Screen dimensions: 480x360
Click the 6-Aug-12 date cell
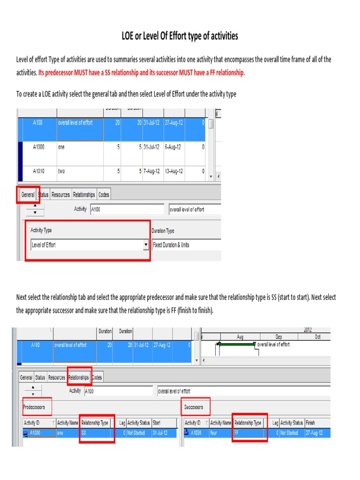[x=172, y=147]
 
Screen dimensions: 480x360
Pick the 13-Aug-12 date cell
[x=173, y=171]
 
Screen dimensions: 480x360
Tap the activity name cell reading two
[x=61, y=171]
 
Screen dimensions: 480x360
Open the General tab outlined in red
[x=28, y=195]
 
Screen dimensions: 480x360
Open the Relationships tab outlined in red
[x=78, y=377]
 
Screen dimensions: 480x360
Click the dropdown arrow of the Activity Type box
[x=146, y=245]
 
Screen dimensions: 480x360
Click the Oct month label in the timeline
[x=317, y=337]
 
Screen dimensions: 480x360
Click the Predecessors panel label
[x=35, y=407]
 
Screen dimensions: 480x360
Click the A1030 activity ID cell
[x=196, y=433]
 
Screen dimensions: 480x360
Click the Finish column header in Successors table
[x=310, y=423]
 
